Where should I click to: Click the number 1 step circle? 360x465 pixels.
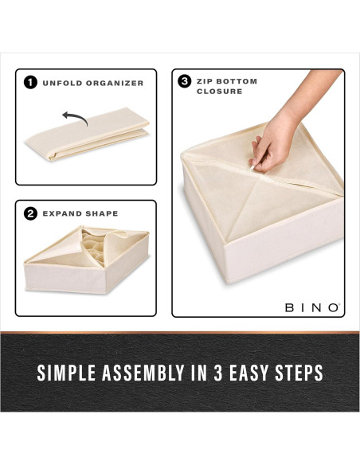(x=30, y=83)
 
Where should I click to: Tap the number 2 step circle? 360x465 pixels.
(x=30, y=213)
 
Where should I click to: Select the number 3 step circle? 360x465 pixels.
(x=185, y=81)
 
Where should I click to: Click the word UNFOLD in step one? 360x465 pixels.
(x=61, y=83)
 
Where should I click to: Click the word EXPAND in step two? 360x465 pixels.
(x=61, y=213)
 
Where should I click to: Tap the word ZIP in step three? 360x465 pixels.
(x=206, y=81)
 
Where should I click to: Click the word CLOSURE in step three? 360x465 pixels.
(x=218, y=92)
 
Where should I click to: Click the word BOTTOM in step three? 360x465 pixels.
(x=241, y=81)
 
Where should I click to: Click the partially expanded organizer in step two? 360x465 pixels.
(x=86, y=259)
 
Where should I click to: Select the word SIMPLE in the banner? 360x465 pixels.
(x=66, y=372)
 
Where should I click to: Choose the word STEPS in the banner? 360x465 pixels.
(x=302, y=372)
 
